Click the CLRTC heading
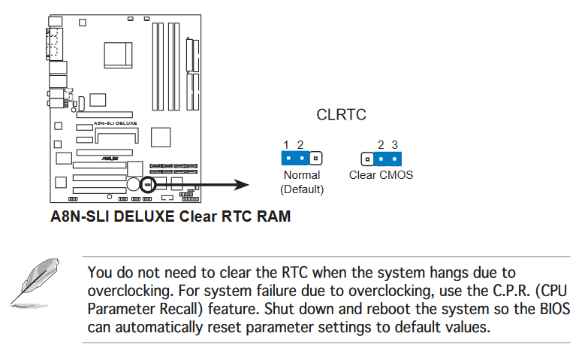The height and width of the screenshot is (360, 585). (342, 116)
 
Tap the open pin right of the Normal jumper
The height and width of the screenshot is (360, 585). (316, 159)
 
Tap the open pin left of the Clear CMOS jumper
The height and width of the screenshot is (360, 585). (366, 159)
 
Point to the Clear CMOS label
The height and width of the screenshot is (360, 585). (381, 175)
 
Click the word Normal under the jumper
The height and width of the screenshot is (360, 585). (302, 175)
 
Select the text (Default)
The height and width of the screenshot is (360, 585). (302, 189)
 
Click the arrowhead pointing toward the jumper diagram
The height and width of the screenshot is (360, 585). (242, 184)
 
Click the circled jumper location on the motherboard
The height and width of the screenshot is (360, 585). (147, 184)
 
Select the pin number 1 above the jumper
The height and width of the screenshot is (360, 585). (286, 144)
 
